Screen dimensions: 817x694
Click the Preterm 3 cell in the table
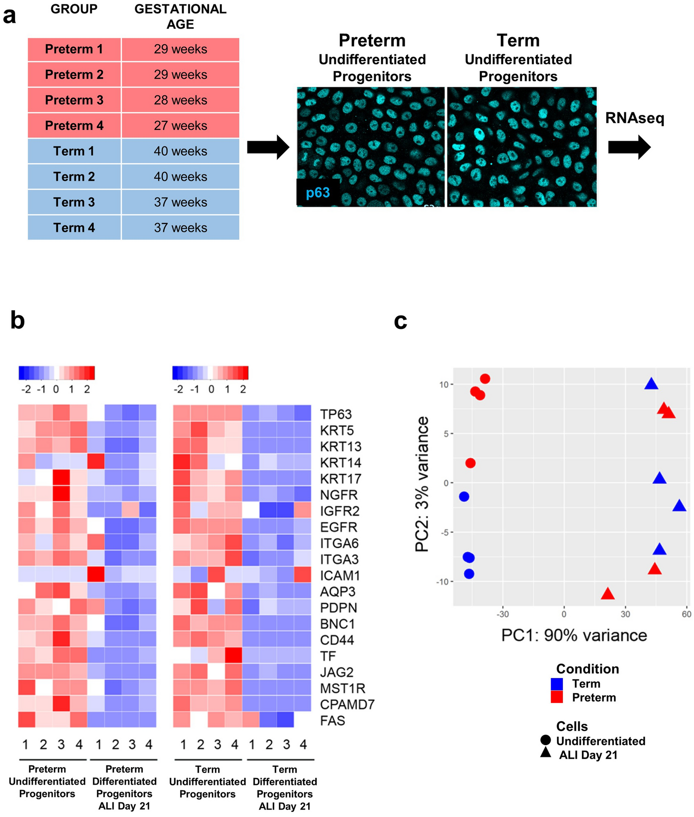[74, 100]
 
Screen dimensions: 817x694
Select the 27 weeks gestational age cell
[180, 125]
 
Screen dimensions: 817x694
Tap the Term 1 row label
[74, 151]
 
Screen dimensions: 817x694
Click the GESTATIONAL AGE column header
[180, 16]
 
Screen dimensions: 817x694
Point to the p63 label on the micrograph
[318, 193]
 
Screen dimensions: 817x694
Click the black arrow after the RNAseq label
[629, 147]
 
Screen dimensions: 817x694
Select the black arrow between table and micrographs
[268, 147]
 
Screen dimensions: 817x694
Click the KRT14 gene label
[340, 463]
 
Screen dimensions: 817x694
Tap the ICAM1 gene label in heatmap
[339, 575]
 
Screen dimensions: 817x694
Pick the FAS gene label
[333, 720]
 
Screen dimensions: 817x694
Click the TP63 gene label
[336, 414]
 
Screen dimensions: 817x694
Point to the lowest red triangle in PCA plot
[607, 594]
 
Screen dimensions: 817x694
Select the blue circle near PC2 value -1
[464, 496]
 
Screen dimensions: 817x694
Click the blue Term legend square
[556, 684]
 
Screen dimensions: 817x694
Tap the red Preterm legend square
[556, 697]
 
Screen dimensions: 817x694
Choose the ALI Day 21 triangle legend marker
[546, 752]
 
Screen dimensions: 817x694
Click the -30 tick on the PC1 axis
[503, 614]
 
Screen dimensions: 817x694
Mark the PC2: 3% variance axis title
[422, 484]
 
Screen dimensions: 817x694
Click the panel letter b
[17, 320]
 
